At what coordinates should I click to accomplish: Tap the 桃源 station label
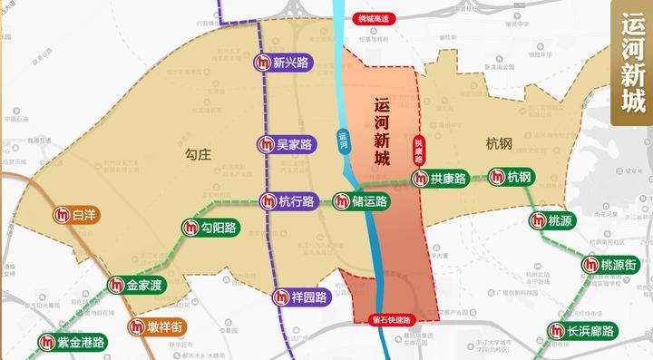click(x=554, y=220)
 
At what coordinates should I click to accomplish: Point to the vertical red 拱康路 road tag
click(x=418, y=150)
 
